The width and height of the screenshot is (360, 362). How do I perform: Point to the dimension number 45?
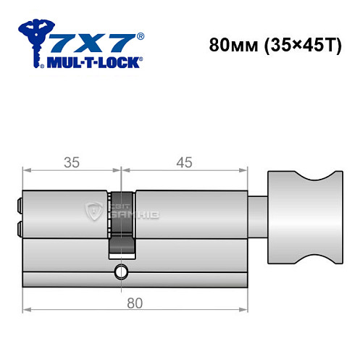click(x=183, y=162)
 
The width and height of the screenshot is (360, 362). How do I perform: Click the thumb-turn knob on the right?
click(x=305, y=217)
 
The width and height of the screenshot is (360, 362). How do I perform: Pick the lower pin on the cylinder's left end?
click(x=19, y=229)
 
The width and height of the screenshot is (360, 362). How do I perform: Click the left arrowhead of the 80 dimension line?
click(x=27, y=310)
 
